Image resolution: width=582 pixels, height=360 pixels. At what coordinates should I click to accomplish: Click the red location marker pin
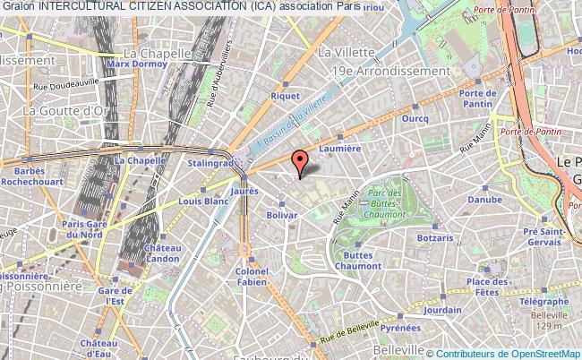click(301, 162)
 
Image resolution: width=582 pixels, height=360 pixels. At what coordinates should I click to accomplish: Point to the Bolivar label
click(282, 216)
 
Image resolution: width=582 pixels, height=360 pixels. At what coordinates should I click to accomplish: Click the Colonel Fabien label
click(252, 276)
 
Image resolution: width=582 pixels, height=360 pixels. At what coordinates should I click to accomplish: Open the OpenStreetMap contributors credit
click(505, 353)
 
